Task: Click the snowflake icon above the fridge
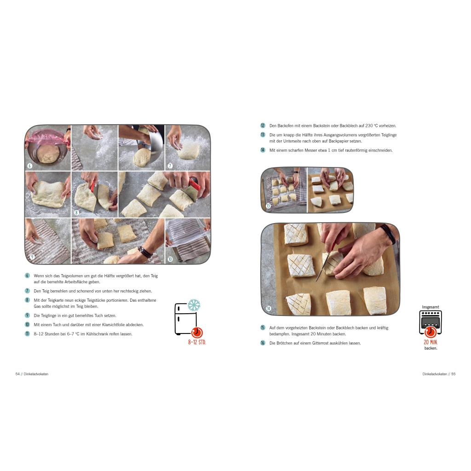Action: click(x=194, y=305)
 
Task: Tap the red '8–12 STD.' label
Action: click(x=197, y=342)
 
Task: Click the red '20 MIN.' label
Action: click(x=431, y=342)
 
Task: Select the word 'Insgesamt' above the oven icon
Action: click(x=431, y=307)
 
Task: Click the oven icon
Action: click(x=431, y=323)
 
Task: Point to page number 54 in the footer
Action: click(x=17, y=374)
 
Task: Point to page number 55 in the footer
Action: click(x=453, y=374)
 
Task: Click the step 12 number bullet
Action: click(x=263, y=126)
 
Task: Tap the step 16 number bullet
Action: click(x=263, y=343)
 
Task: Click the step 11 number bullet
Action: click(x=27, y=333)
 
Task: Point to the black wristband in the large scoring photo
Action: click(x=388, y=234)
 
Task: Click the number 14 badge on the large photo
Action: click(x=269, y=308)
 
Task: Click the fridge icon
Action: click(x=186, y=319)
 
